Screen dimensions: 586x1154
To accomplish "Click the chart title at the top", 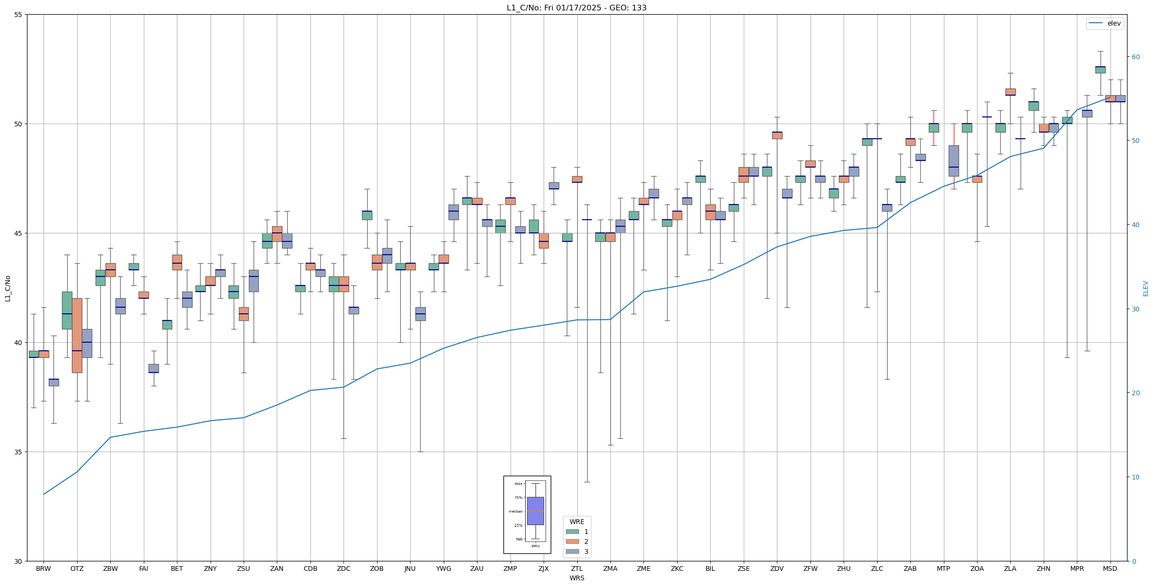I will [x=576, y=8].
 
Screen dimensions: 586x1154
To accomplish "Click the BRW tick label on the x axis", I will [x=44, y=568].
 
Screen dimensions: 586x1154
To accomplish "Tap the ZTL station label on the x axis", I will [x=577, y=568].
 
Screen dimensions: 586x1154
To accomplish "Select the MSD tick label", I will [x=1110, y=568].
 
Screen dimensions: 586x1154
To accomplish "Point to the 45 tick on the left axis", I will [x=18, y=233].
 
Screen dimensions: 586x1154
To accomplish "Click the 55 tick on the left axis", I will [x=18, y=15].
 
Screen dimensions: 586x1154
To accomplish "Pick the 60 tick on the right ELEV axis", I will [x=1136, y=57].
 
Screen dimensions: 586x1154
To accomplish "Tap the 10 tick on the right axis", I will [x=1136, y=477].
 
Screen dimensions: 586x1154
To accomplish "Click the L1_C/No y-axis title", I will [x=8, y=288].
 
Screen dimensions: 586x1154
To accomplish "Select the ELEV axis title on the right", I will [x=1145, y=288].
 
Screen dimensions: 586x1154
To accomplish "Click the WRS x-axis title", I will [x=577, y=578].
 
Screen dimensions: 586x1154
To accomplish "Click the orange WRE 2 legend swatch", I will [x=572, y=542].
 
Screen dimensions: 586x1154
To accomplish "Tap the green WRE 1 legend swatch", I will [x=572, y=532].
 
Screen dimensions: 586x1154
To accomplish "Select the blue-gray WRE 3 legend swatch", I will [x=572, y=551].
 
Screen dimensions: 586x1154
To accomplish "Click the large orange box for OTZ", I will [x=77, y=336].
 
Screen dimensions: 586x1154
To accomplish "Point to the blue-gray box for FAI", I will [x=154, y=368].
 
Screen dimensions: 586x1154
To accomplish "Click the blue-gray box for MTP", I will [x=953, y=161].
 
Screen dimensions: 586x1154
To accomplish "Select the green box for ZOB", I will [x=367, y=215].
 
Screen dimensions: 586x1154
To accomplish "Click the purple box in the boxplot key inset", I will [x=535, y=511].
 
